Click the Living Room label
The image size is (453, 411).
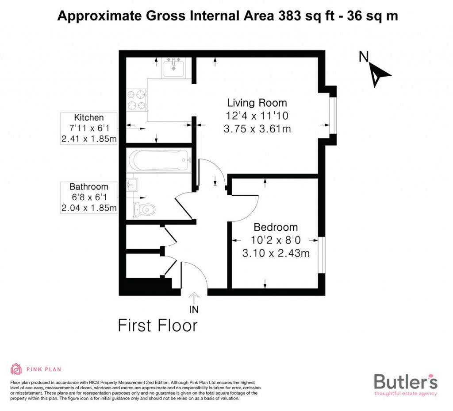pos(257,103)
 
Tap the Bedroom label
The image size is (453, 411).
pos(276,227)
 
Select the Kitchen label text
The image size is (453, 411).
pos(89,117)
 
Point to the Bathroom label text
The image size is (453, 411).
pos(89,186)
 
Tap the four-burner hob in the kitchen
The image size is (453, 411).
pos(136,100)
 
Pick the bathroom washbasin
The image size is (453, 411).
pos(132,184)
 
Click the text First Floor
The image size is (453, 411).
pos(157,326)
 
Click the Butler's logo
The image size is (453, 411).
pos(406,384)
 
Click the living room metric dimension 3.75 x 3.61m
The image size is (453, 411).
pos(257,129)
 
